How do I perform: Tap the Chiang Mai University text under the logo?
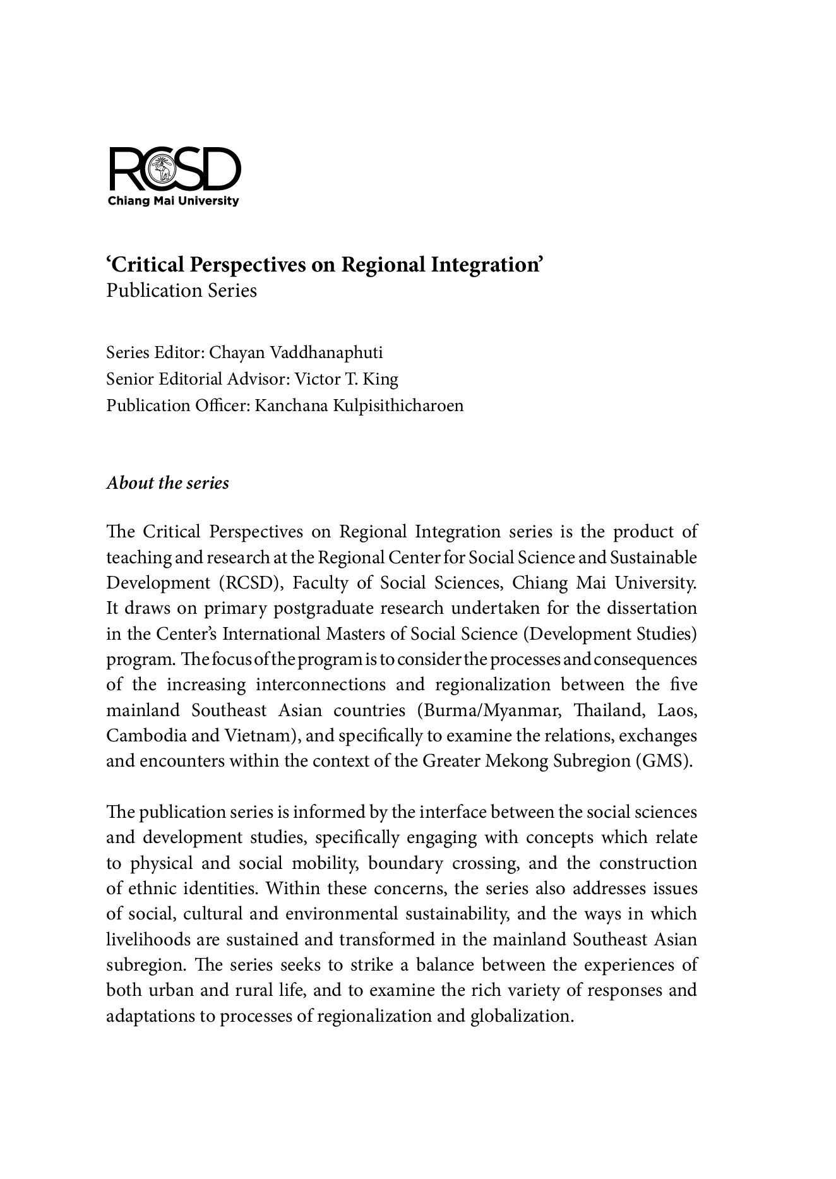[174, 201]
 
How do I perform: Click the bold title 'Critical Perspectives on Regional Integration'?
[325, 265]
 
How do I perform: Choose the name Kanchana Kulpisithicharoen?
[359, 405]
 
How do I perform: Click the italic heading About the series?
[167, 483]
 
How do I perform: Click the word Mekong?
[516, 761]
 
